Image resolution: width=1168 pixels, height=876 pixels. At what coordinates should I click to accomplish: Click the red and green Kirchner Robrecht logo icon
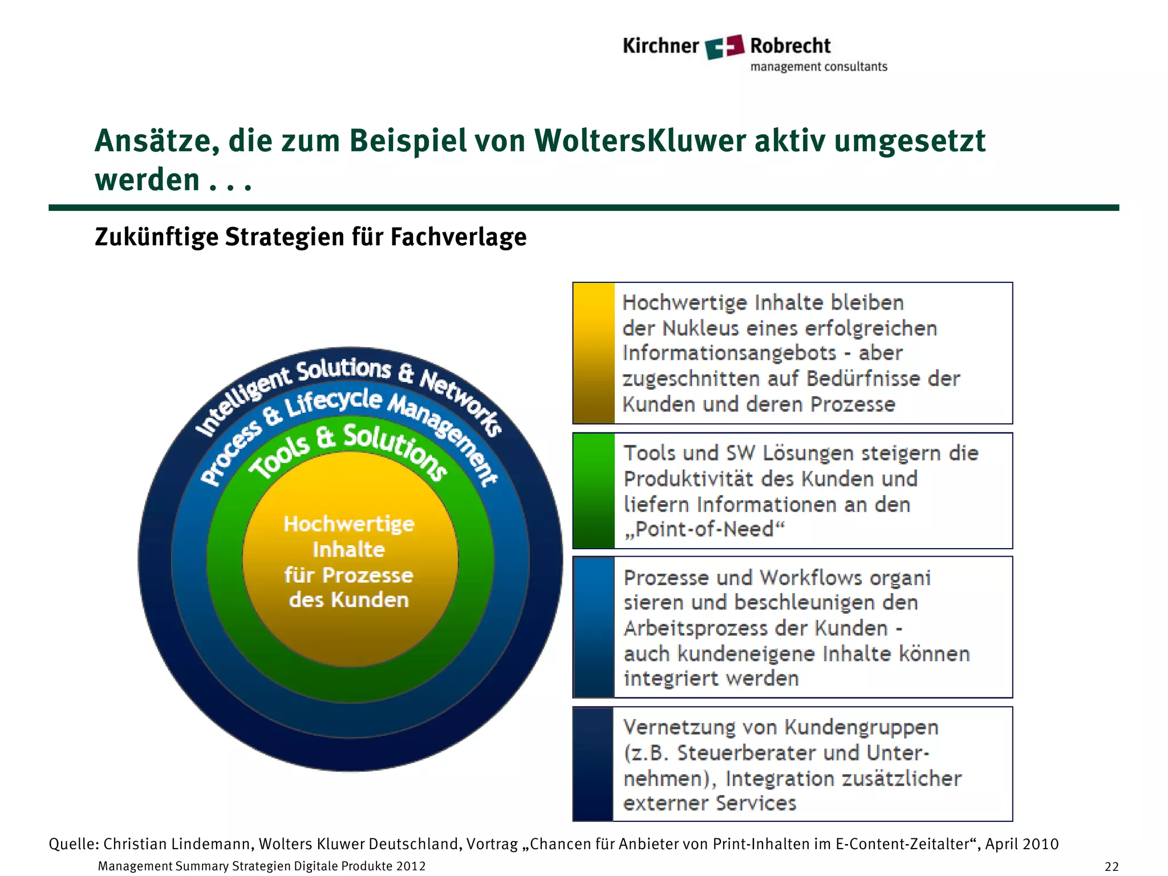click(724, 47)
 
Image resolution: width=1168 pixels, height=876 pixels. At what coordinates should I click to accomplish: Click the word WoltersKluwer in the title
click(640, 141)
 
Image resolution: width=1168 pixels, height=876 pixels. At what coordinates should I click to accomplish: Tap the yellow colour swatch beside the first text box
click(594, 353)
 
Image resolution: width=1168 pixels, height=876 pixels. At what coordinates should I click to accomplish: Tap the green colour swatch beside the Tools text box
click(594, 491)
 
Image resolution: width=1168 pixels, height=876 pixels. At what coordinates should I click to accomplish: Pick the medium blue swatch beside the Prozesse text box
click(594, 627)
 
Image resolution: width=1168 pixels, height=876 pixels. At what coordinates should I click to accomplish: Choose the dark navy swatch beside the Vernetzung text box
click(593, 764)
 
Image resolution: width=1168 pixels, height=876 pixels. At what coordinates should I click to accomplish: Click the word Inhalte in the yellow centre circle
click(348, 550)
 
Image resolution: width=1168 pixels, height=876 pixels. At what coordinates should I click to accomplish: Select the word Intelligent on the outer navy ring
click(242, 399)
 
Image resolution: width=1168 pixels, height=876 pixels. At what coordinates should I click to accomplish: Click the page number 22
click(1112, 867)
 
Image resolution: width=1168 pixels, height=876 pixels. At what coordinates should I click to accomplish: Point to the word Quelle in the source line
click(74, 844)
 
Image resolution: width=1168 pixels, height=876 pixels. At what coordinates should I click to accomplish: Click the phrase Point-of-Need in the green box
click(704, 530)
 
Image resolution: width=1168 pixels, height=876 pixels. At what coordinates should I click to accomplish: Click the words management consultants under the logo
click(818, 67)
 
